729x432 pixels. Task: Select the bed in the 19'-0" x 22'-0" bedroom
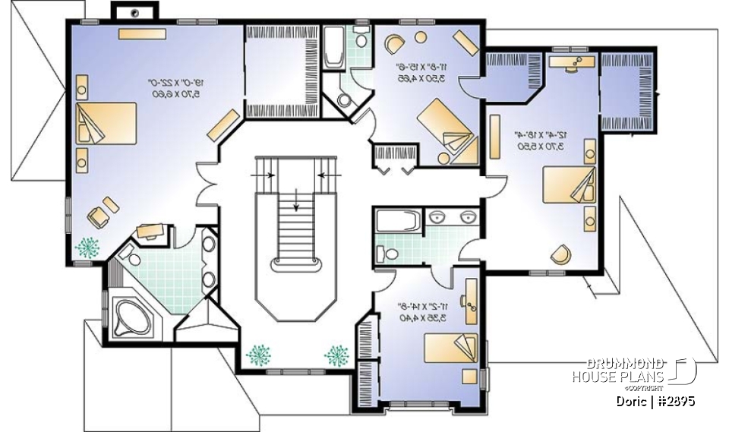[106, 122]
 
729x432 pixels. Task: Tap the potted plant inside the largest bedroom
[88, 248]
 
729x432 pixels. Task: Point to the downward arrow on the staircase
[295, 200]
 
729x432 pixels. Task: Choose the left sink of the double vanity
[437, 219]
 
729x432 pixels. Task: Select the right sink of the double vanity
[466, 219]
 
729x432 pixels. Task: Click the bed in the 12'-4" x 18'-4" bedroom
[570, 184]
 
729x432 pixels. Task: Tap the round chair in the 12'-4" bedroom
[560, 254]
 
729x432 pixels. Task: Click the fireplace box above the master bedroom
[134, 11]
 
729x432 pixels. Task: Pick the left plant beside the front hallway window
[259, 354]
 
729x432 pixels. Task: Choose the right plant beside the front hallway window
[336, 354]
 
